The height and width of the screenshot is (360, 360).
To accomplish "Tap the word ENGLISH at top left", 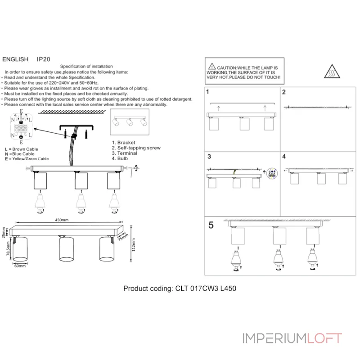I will (16, 59).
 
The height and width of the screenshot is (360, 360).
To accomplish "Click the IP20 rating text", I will (43, 59).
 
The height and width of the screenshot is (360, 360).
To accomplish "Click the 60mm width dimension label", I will (20, 266).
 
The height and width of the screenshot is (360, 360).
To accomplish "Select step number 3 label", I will (209, 157).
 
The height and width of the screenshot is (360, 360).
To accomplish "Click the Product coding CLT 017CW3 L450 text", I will (180, 289).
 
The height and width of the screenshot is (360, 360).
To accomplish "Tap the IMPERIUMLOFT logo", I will (292, 338).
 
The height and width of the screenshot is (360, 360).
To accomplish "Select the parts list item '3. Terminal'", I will (125, 153).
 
